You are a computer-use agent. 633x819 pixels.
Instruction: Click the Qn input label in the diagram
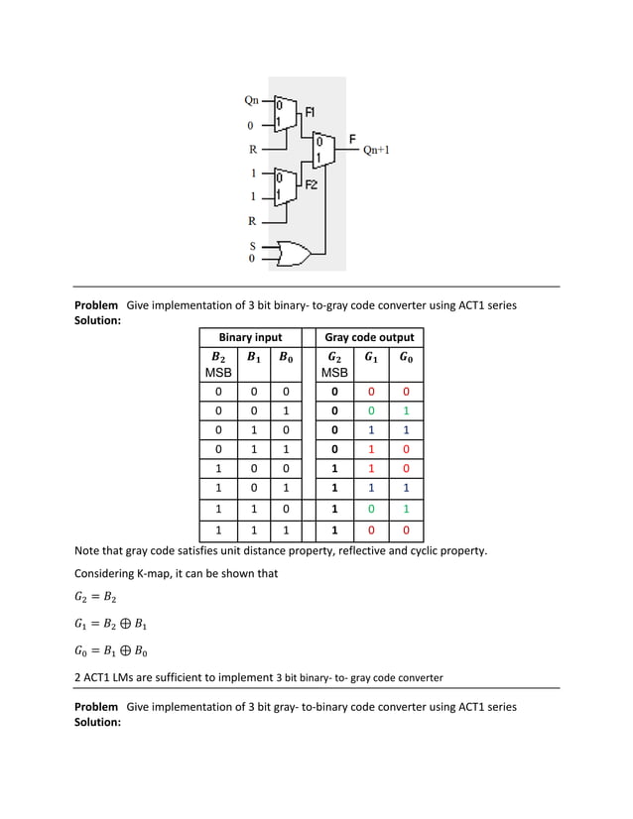pos(252,100)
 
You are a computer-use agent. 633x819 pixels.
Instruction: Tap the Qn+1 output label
pos(376,151)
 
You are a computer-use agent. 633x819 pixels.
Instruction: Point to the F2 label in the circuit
pos(311,185)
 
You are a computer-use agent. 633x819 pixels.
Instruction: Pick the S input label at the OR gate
pos(252,245)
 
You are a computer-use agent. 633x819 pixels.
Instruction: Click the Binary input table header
pos(250,338)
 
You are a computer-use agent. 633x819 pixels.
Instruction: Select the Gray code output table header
pos(369,338)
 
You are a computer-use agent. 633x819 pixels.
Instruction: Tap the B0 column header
pos(285,358)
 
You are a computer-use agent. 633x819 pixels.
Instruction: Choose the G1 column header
pos(370,358)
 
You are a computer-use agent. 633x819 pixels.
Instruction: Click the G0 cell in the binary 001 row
pos(406,410)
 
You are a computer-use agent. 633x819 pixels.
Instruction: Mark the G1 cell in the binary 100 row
pos(370,468)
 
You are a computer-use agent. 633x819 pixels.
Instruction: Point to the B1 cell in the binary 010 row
pos(253,430)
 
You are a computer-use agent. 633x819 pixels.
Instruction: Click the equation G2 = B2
pos(96,599)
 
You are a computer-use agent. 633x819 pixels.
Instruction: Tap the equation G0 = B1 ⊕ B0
pos(110,651)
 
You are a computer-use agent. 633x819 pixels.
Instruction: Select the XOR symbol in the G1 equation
pos(123,626)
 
